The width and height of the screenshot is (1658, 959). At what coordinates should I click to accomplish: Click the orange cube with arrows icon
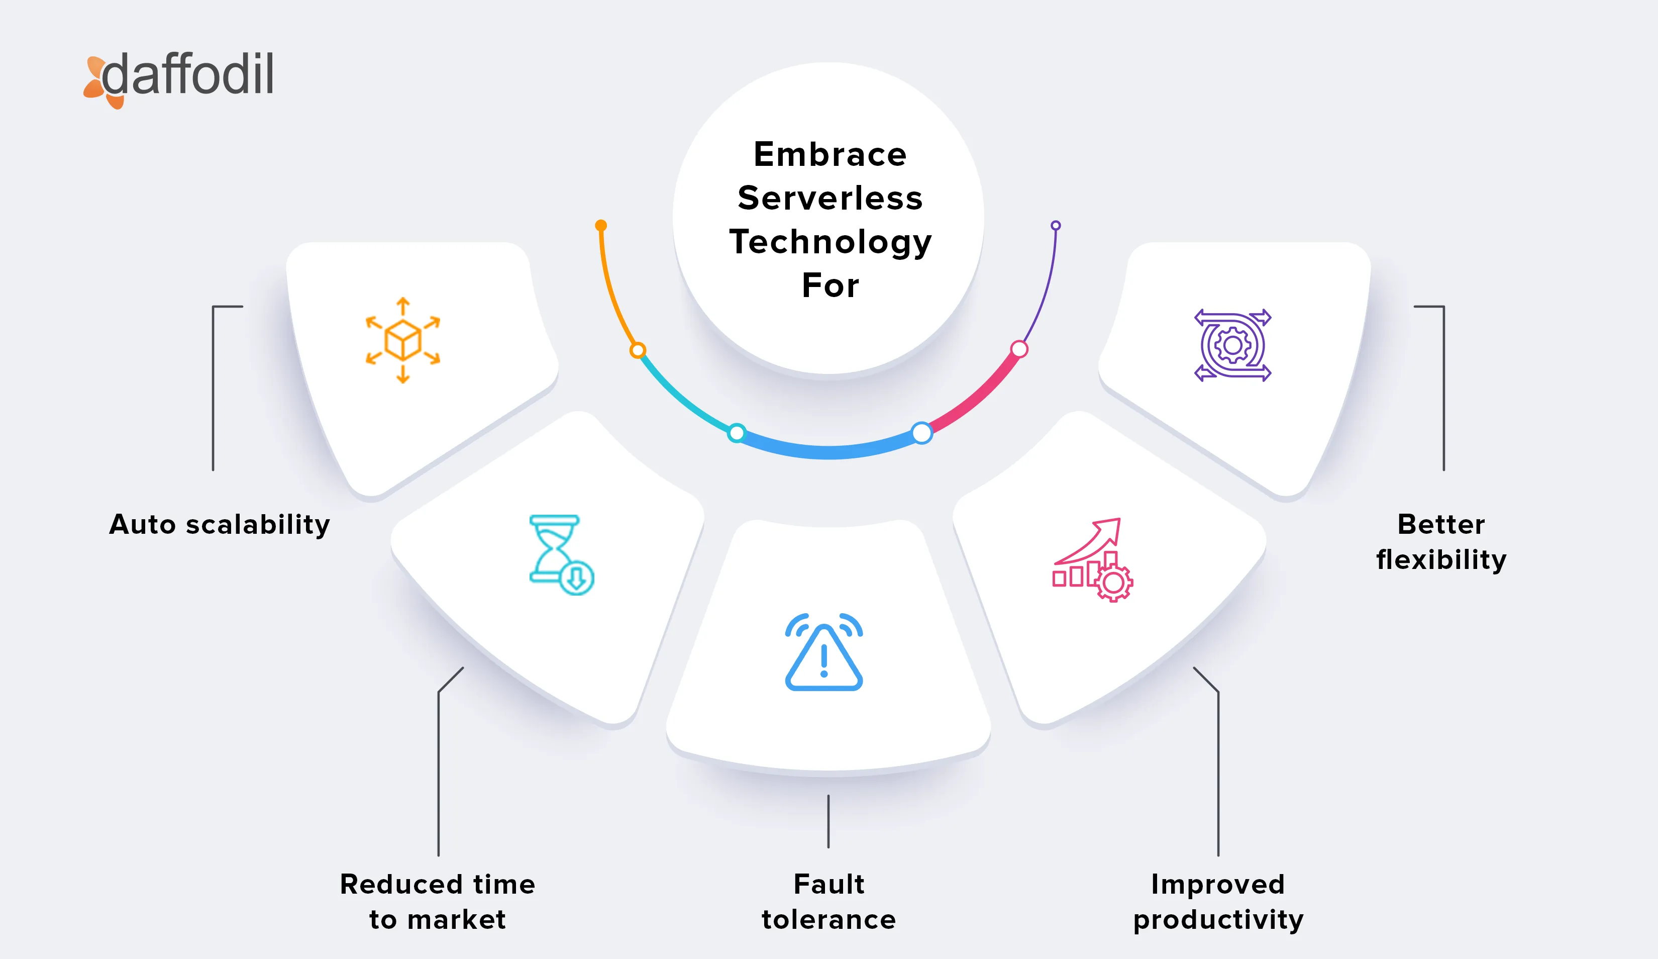tap(402, 340)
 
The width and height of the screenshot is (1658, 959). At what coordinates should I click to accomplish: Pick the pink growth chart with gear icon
tap(1092, 559)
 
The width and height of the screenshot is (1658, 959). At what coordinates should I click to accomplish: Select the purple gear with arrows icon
tap(1232, 345)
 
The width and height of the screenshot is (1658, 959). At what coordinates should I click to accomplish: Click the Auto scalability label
tap(219, 525)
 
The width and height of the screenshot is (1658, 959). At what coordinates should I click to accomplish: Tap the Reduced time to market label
tap(438, 901)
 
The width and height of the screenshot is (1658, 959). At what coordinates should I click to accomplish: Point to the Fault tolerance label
tap(828, 901)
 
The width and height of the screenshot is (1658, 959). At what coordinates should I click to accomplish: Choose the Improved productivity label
tap(1218, 901)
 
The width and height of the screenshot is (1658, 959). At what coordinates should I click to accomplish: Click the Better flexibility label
tap(1441, 542)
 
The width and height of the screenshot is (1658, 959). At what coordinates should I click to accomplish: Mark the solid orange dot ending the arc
tap(601, 226)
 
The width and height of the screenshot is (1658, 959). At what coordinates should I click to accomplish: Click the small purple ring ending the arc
tap(1055, 226)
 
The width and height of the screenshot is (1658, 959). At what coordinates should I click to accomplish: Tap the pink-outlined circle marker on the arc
tap(1019, 349)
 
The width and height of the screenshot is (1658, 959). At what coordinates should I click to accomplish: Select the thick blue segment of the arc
tap(829, 451)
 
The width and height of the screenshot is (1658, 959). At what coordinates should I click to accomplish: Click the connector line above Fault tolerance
tap(828, 821)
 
